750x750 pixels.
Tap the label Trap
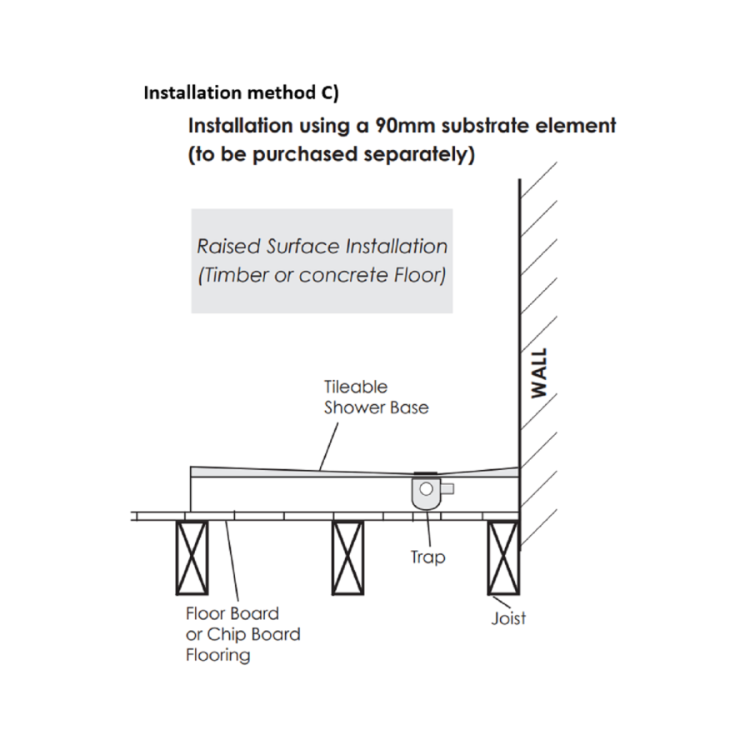(427, 557)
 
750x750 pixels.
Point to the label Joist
(508, 618)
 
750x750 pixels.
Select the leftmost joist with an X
(191, 557)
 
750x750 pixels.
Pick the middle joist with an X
(348, 557)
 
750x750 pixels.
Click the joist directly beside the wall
(504, 557)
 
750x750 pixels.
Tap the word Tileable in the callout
(356, 387)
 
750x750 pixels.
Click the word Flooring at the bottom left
(217, 655)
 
